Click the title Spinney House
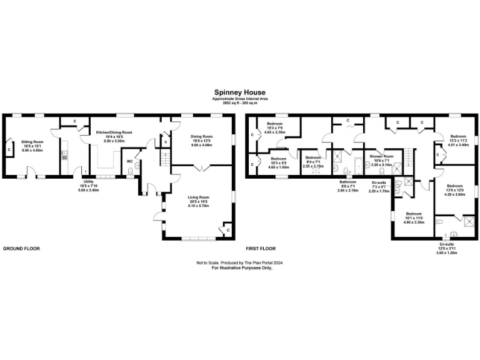click(239, 92)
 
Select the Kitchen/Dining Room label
click(114, 132)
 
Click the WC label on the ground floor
click(129, 161)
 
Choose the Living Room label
click(199, 197)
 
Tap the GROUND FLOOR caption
click(22, 248)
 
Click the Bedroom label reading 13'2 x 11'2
click(458, 136)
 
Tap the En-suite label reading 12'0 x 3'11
click(446, 246)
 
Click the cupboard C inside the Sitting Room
click(9, 149)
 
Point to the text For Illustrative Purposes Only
click(241, 267)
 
